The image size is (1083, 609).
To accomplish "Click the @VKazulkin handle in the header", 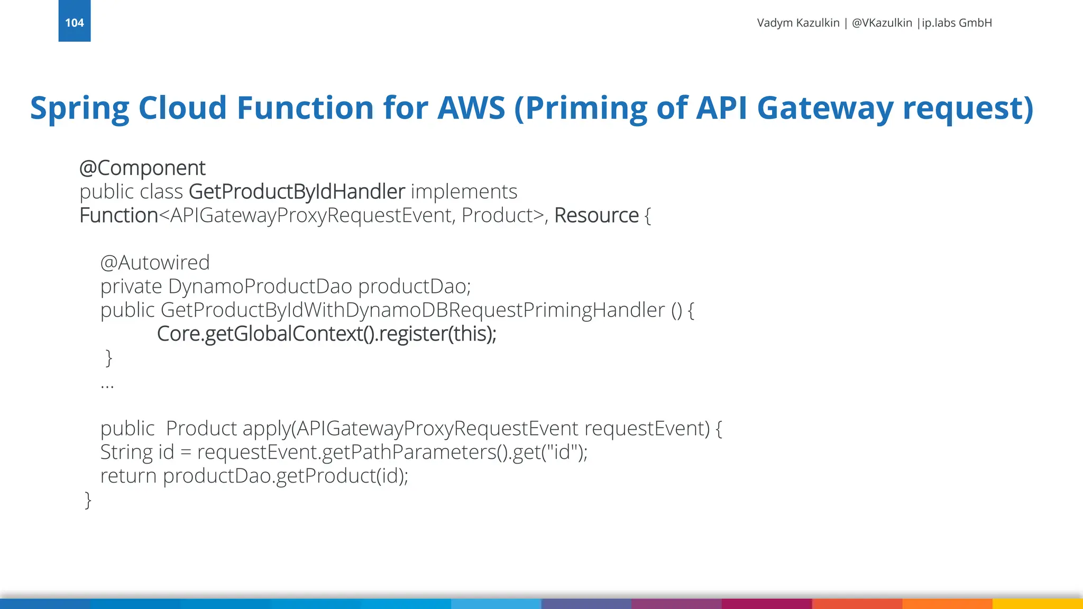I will [882, 23].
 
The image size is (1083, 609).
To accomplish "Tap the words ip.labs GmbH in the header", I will [957, 23].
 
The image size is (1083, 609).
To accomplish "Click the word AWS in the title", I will [471, 108].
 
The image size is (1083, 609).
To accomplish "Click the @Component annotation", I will [142, 168].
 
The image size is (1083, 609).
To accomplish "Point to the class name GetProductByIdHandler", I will [297, 191].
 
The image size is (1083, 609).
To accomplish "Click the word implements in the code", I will [464, 191].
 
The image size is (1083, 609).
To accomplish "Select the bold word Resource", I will [596, 216].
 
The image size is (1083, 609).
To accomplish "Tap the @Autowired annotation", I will [155, 263].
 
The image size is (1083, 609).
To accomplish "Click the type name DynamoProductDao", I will [260, 287].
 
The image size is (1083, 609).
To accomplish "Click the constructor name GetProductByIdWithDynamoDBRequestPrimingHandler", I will [412, 310].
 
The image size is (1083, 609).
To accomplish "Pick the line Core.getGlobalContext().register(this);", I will [326, 334].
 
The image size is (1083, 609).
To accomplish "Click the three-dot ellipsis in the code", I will [107, 386].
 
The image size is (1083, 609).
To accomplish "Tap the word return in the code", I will [129, 476].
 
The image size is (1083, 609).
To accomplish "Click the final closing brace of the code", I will [88, 500].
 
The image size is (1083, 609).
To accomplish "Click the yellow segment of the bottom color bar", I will [1037, 604].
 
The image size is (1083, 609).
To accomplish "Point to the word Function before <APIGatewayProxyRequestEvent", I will [118, 216].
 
